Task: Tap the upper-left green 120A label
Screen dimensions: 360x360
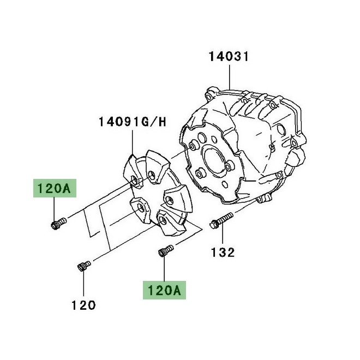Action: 54,189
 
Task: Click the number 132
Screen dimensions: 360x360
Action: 223,252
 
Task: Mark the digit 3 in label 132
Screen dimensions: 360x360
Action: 223,252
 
